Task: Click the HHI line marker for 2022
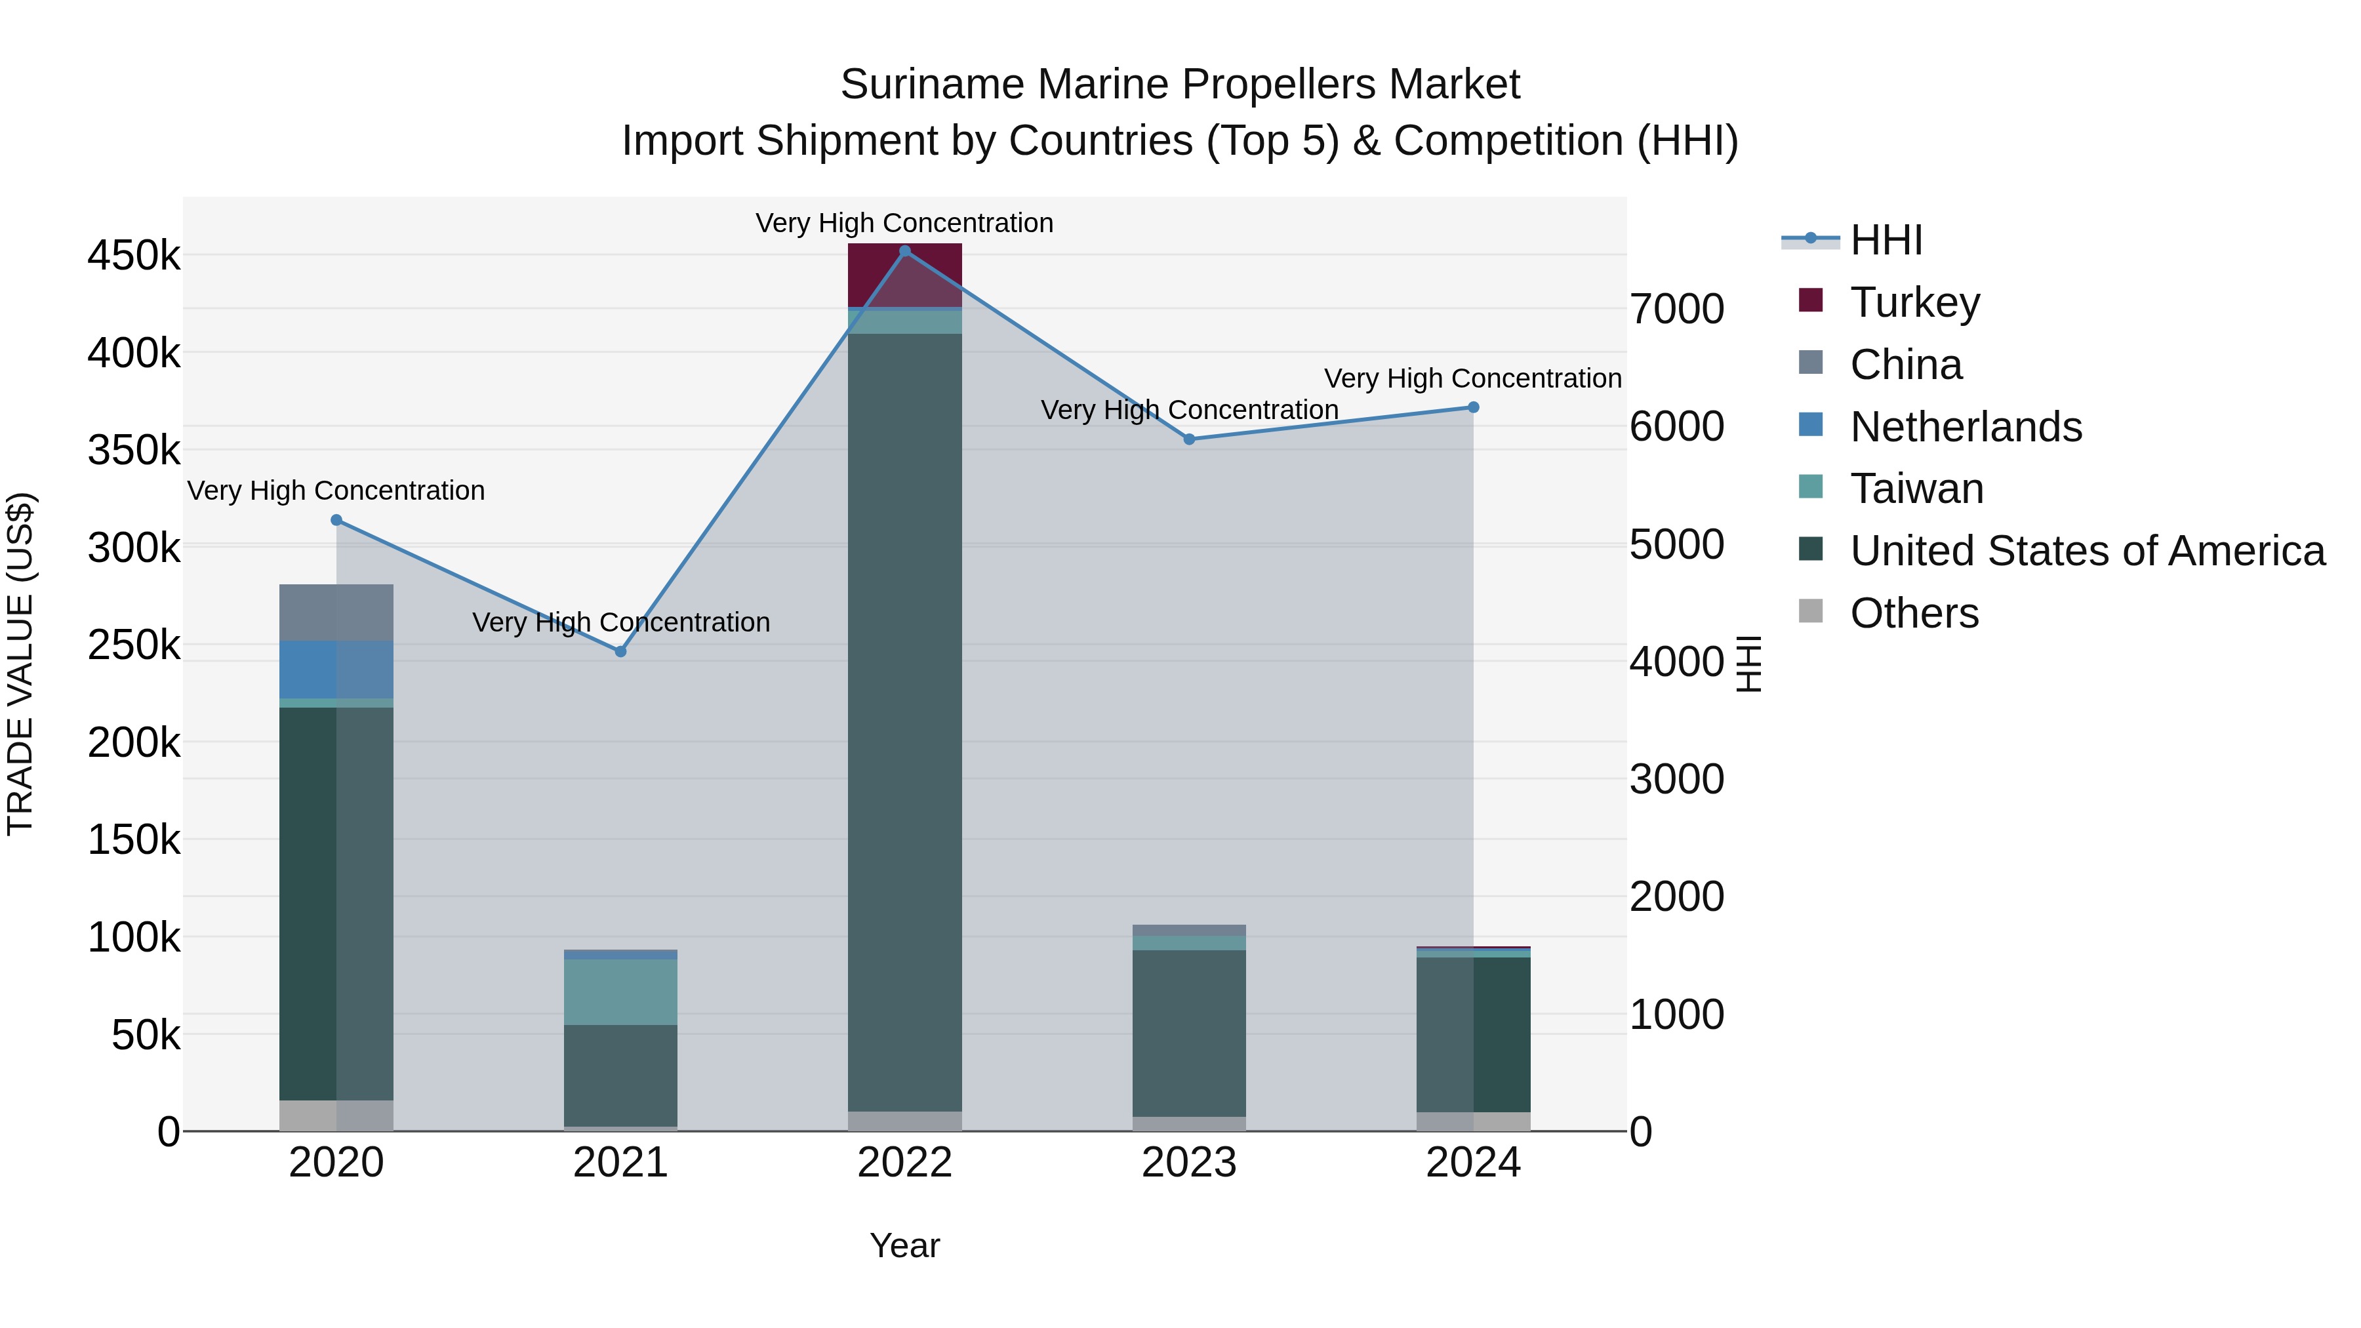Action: coord(904,251)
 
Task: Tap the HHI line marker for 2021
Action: coord(620,652)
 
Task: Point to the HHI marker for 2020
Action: coord(336,521)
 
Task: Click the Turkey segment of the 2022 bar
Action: coord(904,275)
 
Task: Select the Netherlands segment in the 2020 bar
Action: coord(336,670)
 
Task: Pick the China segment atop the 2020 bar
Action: coord(336,613)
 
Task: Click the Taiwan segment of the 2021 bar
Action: coord(620,992)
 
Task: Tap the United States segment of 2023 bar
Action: coord(1189,1033)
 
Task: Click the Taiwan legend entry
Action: coord(1916,489)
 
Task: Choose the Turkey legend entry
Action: coord(1914,302)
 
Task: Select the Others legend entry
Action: coord(1914,613)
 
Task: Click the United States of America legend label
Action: coord(2087,551)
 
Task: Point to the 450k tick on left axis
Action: coord(134,256)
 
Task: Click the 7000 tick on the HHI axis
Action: coord(1676,309)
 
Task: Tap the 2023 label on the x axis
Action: coord(1189,1163)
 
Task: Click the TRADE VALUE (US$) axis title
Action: coord(20,664)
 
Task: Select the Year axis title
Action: coord(904,1245)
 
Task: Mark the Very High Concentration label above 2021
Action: coord(620,622)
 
